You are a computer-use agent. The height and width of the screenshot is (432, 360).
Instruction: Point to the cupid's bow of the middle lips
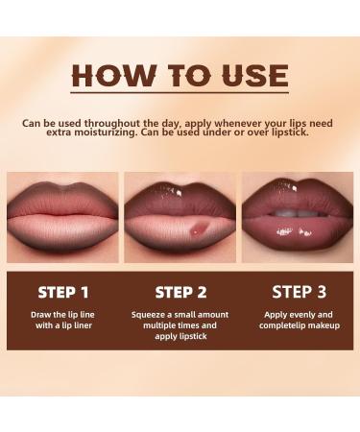[x=180, y=181]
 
